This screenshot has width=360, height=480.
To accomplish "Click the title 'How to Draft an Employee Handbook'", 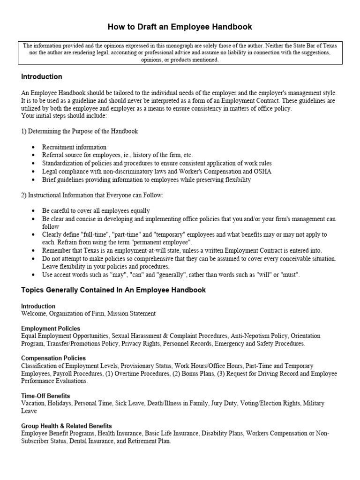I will tap(180, 27).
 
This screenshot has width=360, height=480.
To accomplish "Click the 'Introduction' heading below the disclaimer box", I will tap(42, 76).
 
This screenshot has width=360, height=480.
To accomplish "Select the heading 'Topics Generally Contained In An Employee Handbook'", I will tap(113, 290).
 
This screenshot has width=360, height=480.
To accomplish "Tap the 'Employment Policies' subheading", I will tap(51, 329).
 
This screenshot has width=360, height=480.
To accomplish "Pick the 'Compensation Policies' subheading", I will tap(54, 359).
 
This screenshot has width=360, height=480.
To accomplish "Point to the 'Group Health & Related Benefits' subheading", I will tap(67, 426).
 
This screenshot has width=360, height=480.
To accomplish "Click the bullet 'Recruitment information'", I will tap(74, 147).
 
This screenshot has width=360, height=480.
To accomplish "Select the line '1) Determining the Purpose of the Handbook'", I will tap(80, 131).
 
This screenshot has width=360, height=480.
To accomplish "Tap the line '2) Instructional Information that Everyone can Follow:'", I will tap(92, 195).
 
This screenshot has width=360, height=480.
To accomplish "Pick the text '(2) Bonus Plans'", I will tap(168, 374).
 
